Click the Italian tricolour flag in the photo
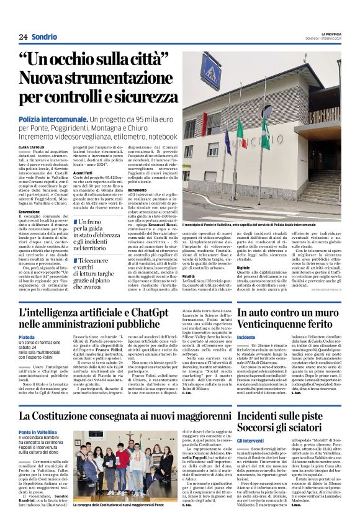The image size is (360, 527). coord(241,130)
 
